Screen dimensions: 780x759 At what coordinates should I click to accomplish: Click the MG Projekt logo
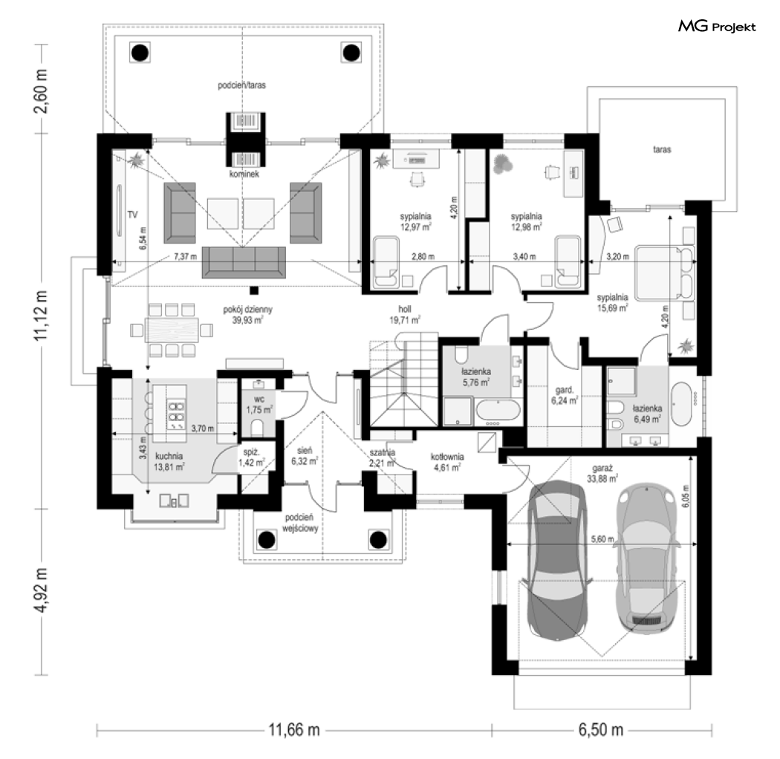[x=717, y=27]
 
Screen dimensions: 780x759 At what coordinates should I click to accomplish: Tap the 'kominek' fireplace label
[x=244, y=174]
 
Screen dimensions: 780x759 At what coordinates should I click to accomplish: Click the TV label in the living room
[x=132, y=215]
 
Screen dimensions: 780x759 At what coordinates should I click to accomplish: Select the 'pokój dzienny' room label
[x=247, y=310]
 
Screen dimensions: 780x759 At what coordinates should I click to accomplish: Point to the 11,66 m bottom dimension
[x=294, y=730]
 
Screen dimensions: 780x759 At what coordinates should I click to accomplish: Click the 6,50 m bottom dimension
[x=601, y=730]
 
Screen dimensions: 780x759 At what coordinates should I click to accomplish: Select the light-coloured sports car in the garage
[x=646, y=558]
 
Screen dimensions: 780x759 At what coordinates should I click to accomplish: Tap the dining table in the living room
[x=172, y=330]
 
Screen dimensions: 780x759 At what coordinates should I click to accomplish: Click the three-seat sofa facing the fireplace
[x=244, y=262]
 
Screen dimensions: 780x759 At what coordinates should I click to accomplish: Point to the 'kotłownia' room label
[x=447, y=457]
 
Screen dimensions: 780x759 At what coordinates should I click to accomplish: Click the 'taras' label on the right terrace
[x=662, y=149]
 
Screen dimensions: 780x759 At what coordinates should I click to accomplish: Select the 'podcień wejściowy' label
[x=299, y=524]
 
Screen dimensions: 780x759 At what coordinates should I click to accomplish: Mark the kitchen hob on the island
[x=176, y=414]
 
